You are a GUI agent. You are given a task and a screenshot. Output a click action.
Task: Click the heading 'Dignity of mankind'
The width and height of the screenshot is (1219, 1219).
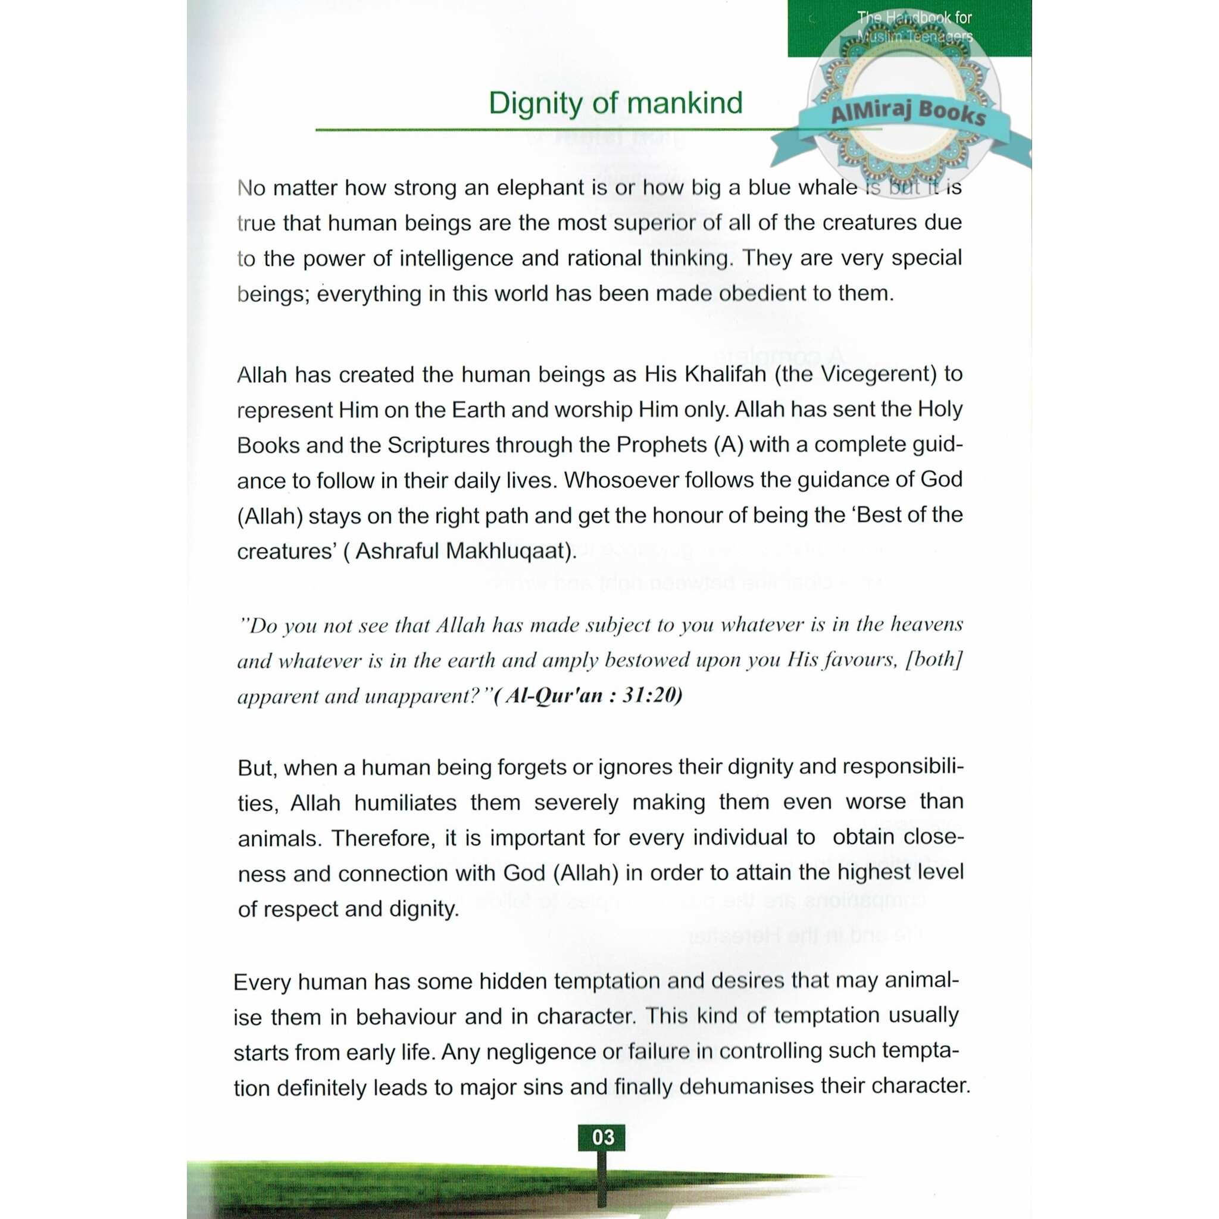615,104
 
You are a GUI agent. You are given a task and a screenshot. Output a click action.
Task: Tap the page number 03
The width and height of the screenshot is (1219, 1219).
602,1137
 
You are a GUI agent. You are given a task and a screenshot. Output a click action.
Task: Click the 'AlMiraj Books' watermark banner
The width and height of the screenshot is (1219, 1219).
908,113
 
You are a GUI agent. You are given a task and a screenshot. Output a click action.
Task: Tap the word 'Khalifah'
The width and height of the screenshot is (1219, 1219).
725,374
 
